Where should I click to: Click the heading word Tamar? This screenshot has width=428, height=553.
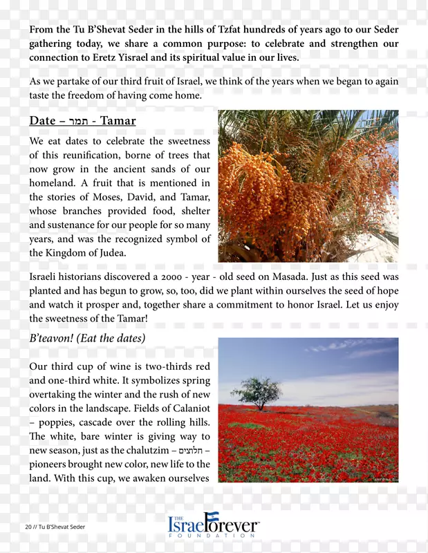118,121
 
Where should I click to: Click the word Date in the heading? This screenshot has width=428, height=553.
42,121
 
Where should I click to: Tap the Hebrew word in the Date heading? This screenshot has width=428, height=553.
79,122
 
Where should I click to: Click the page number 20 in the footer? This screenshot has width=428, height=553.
29,527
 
